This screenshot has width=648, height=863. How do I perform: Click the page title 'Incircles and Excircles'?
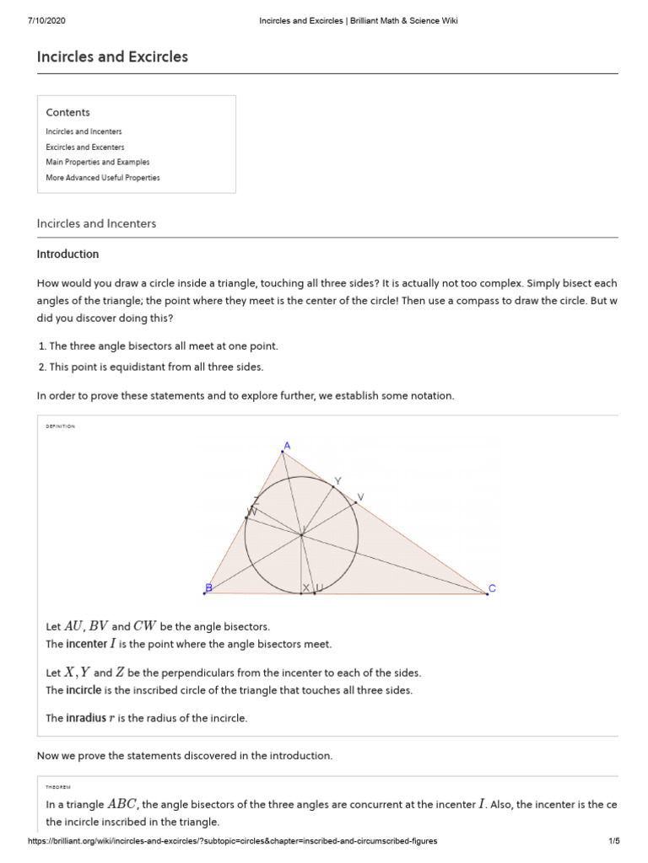pyautogui.click(x=112, y=57)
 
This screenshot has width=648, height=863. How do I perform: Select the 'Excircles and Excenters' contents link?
pyautogui.click(x=84, y=147)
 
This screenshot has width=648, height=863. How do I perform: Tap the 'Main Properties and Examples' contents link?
pyautogui.click(x=98, y=162)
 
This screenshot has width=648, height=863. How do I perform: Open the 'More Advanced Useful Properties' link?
pyautogui.click(x=103, y=178)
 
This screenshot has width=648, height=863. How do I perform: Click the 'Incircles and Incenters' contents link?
pyautogui.click(x=84, y=131)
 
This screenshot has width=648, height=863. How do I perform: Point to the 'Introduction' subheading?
pyautogui.click(x=67, y=254)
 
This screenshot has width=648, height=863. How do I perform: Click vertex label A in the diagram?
pyautogui.click(x=287, y=445)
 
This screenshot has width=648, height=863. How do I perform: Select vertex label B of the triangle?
pyautogui.click(x=208, y=587)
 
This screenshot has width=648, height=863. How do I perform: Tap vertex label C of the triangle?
pyautogui.click(x=493, y=588)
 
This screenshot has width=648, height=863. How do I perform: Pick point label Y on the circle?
pyautogui.click(x=337, y=480)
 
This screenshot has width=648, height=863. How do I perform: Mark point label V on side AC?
pyautogui.click(x=361, y=497)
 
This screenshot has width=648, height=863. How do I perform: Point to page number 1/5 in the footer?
pyautogui.click(x=613, y=841)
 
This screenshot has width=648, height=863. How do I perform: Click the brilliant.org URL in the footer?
pyautogui.click(x=233, y=841)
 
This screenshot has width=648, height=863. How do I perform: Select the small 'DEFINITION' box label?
pyautogui.click(x=60, y=426)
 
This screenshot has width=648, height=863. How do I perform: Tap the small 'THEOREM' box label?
pyautogui.click(x=58, y=786)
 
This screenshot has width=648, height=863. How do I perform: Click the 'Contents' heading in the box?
pyautogui.click(x=67, y=112)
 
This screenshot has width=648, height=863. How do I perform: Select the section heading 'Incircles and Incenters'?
pyautogui.click(x=96, y=223)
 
